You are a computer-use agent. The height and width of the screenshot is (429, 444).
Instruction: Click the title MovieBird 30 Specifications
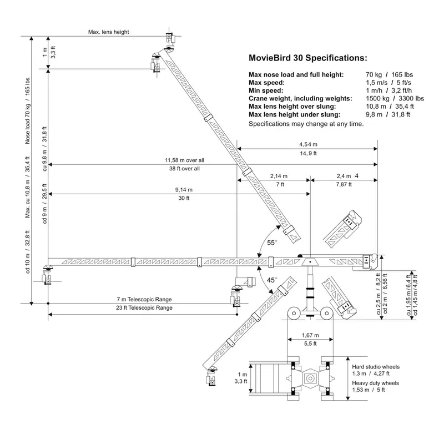(x=308, y=58)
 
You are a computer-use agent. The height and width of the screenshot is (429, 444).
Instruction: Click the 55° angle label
(x=272, y=243)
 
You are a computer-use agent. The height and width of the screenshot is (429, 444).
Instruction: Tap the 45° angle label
(x=272, y=280)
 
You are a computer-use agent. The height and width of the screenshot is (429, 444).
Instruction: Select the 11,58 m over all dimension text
(x=185, y=160)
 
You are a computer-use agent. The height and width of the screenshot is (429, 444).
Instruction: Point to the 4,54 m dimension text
(x=309, y=144)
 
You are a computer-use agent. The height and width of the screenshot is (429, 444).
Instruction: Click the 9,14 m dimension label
(x=184, y=190)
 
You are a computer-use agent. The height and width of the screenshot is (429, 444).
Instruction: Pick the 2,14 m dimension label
(x=279, y=176)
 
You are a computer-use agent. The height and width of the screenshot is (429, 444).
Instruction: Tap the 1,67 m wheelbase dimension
(x=310, y=336)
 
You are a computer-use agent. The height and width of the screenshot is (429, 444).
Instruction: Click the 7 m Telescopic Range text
(x=144, y=299)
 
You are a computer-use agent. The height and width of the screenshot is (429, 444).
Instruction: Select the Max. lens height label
(x=108, y=32)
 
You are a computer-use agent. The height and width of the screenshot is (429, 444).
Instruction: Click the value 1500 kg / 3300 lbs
(x=395, y=99)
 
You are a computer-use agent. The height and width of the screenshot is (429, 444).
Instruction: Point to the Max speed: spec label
(x=266, y=83)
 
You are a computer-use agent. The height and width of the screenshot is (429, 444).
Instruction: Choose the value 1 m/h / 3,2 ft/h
(x=389, y=90)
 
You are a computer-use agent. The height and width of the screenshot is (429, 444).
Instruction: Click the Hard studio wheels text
(x=376, y=367)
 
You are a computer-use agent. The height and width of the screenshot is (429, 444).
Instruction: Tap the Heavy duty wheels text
(x=376, y=383)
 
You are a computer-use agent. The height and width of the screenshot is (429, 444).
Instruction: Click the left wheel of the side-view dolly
(x=294, y=314)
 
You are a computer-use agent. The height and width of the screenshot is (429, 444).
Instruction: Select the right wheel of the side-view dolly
(x=327, y=314)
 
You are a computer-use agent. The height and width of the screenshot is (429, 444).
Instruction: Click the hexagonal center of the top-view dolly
(x=310, y=378)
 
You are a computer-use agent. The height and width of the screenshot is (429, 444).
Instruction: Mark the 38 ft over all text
(x=184, y=169)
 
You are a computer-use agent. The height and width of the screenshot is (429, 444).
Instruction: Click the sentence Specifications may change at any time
(x=306, y=124)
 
